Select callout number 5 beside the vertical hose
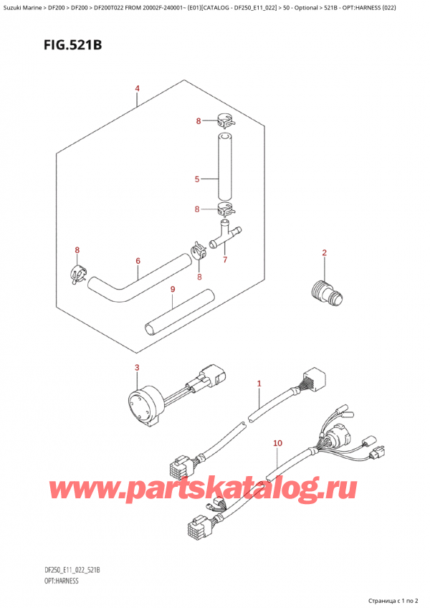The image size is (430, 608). [196, 179]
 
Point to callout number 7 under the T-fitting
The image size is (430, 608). [224, 259]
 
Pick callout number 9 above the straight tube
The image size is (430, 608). [173, 289]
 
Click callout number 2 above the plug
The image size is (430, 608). [324, 252]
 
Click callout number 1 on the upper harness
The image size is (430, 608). [259, 384]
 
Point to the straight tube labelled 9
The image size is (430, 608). [180, 309]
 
